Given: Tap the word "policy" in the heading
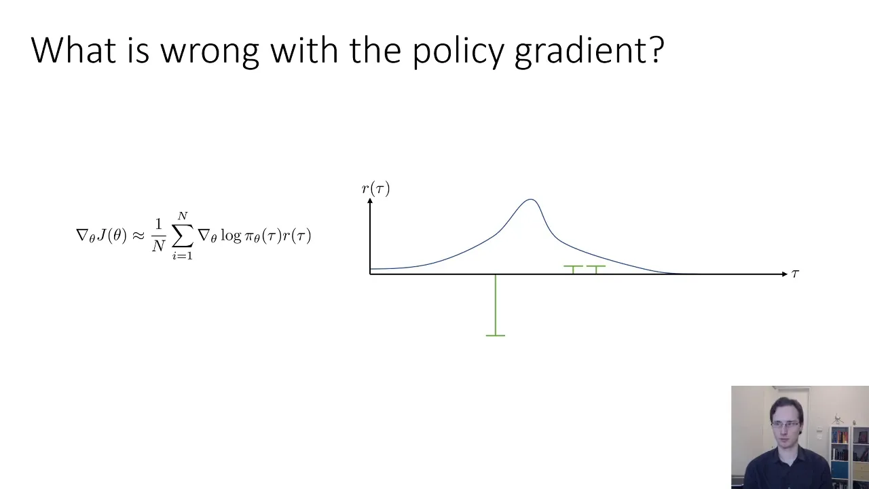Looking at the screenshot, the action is coord(458,51).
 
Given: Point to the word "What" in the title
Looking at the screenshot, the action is coord(73,50).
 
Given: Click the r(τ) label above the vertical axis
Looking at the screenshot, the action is coord(375,189).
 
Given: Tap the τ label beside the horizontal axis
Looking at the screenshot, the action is coord(795,274).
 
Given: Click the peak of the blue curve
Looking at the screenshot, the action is coord(530,200).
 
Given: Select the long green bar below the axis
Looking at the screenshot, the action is coord(496,306).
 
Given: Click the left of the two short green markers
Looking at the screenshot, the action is coord(573,270).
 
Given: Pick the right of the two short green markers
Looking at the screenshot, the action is coord(596,270).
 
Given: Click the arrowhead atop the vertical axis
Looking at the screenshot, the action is coord(370,200).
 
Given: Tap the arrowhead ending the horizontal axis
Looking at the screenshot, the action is coord(785,274).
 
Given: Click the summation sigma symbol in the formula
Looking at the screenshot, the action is coord(183,236).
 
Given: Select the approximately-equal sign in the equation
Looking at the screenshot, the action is coord(138,236).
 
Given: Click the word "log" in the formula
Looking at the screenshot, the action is coord(231,236).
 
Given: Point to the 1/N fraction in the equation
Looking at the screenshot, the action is coord(158,236).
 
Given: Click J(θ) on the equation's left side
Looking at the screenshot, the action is coord(112,235).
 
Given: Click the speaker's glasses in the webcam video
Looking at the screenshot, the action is coord(785,424).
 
